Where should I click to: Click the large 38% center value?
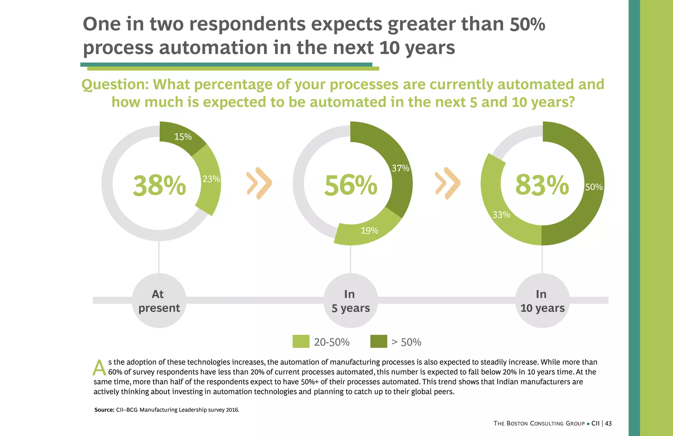[x=159, y=185]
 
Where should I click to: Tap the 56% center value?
[x=351, y=185]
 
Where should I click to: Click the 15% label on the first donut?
[x=183, y=137]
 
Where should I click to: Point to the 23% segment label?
[x=211, y=179]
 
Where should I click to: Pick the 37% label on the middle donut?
[x=401, y=168]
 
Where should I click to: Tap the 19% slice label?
[x=369, y=230]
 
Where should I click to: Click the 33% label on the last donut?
[x=501, y=215]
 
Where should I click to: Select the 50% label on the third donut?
[x=594, y=187]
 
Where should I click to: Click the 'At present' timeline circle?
[x=159, y=301]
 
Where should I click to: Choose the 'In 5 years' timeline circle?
[x=351, y=301]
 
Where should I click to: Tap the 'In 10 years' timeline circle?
[x=542, y=301]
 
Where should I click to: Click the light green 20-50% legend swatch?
[x=301, y=341]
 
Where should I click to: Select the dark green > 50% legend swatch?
[x=379, y=341]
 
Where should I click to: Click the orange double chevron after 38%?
[x=259, y=183]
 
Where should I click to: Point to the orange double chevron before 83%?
[x=448, y=183]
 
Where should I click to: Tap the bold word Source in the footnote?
[x=104, y=410]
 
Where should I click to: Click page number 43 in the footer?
[x=608, y=424]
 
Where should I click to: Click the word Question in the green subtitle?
[x=115, y=85]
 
